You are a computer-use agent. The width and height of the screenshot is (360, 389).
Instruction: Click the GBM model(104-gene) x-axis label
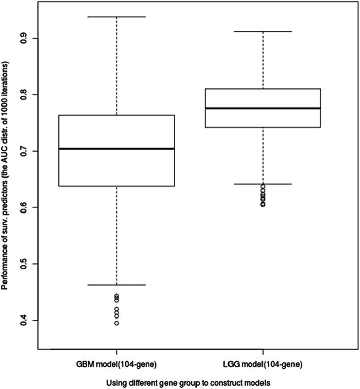coord(116,365)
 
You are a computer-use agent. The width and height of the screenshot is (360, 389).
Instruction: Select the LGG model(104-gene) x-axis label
coord(263,365)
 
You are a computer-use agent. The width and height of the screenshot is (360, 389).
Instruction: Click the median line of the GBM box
coord(116,149)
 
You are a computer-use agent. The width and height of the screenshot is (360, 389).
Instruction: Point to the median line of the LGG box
coord(263,108)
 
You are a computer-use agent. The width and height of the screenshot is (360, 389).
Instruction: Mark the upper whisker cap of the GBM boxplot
coord(116,17)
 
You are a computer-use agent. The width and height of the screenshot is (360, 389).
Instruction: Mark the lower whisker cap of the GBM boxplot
coord(116,285)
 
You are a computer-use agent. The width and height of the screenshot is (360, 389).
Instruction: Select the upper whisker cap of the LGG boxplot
coord(263,31)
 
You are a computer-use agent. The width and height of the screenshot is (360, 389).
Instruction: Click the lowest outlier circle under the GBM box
coord(117,323)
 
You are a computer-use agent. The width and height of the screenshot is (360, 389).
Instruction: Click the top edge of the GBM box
coord(116,115)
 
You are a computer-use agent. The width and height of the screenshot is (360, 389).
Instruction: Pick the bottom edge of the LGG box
coord(263,127)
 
